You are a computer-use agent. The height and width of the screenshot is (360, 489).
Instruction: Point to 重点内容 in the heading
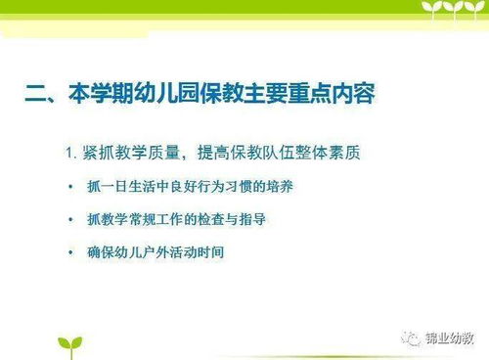tap(336, 96)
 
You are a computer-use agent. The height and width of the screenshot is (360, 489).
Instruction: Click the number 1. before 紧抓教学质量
tap(71, 153)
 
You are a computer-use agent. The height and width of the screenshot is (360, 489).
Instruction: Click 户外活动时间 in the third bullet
tap(187, 252)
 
